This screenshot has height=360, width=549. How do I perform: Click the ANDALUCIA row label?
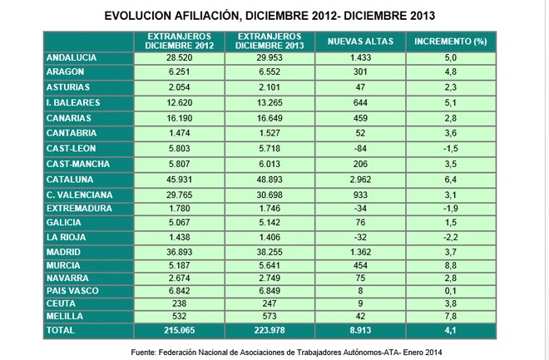point(71,57)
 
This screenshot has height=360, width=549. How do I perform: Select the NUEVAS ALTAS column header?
point(360,42)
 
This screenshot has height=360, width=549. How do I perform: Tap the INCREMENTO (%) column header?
point(451,42)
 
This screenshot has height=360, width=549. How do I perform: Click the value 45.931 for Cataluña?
point(180,180)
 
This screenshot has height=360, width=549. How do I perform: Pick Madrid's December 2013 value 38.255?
point(270,252)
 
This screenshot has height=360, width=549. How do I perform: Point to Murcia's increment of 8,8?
point(451,265)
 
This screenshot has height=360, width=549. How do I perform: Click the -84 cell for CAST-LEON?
point(360,148)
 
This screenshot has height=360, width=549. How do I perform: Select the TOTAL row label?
point(60,330)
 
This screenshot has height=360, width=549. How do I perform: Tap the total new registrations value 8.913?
point(360,330)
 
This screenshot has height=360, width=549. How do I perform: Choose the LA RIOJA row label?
point(66,237)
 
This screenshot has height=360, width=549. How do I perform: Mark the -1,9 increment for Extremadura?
point(451,209)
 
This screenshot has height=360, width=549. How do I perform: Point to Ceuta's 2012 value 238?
point(180,303)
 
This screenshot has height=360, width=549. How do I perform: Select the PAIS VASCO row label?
point(72,291)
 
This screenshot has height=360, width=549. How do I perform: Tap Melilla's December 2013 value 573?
point(270,316)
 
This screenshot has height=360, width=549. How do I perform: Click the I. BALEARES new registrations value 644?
point(360,102)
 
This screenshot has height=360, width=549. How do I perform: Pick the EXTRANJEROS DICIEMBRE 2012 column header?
point(180,42)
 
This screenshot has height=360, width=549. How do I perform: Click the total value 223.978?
point(270,330)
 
